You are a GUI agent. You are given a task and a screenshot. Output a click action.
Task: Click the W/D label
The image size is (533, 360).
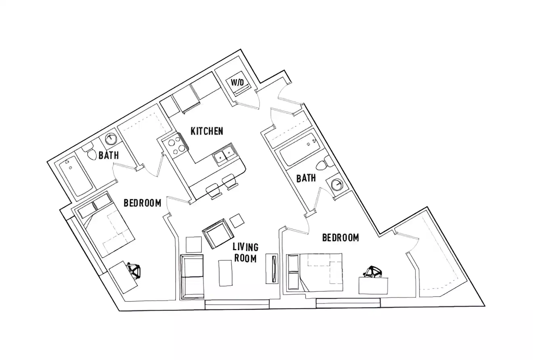point(237,83)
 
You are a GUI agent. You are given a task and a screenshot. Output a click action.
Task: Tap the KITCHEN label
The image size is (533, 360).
point(207,131)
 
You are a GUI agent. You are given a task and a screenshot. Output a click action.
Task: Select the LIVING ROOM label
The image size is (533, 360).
point(245,253)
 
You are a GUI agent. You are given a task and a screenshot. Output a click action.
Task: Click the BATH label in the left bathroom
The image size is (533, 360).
point(109,155)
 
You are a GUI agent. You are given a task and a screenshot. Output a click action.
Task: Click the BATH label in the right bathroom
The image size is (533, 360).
point(306,178)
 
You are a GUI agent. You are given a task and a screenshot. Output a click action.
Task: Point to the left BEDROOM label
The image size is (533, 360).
point(142,203)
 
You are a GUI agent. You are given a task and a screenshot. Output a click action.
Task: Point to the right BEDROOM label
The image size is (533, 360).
point(340,238)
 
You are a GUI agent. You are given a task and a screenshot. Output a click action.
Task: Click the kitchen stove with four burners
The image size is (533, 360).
point(175,146)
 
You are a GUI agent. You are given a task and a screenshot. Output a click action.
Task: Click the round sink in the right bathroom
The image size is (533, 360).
point(336,184)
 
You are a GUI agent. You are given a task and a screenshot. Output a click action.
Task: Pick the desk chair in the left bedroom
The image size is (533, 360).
point(134,270)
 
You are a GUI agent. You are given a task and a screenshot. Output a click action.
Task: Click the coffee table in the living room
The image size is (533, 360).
point(225,273)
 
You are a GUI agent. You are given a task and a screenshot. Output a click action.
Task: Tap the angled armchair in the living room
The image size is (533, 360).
point(219,234)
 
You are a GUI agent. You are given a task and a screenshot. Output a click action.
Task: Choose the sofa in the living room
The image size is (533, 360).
point(192,277)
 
